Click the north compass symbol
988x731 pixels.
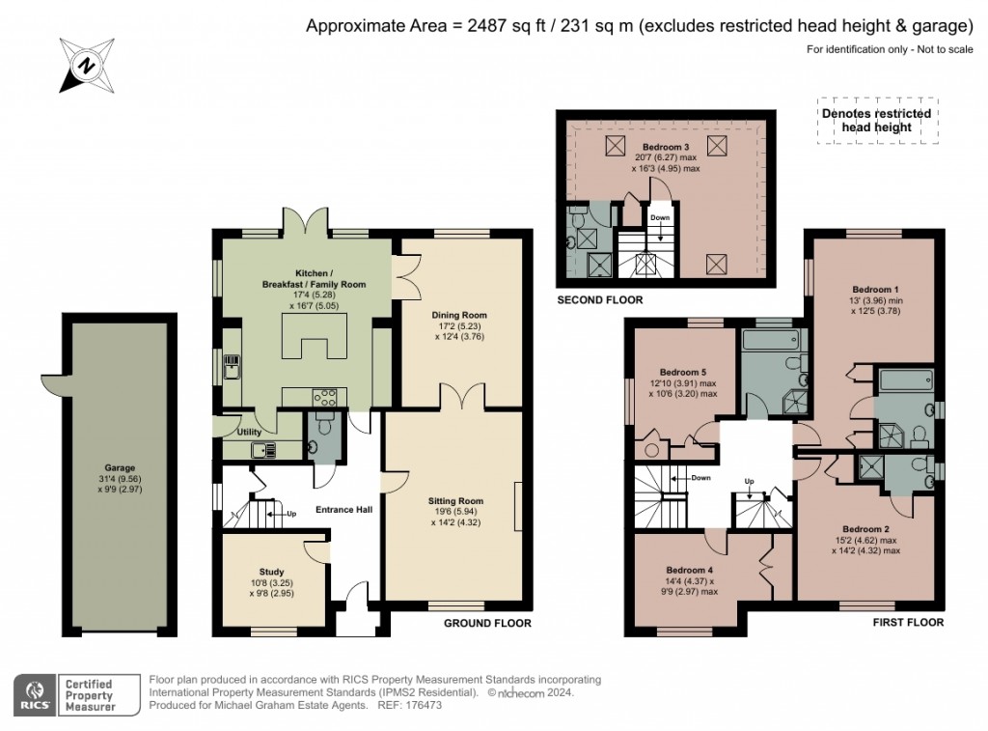point(84,66)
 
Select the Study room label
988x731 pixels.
point(271,571)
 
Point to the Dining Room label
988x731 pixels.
point(462,315)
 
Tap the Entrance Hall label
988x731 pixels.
point(344,509)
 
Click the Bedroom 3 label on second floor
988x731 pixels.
point(666,146)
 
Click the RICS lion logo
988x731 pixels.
point(35,692)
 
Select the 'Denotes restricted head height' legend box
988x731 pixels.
point(876,120)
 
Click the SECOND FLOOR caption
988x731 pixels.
point(599,300)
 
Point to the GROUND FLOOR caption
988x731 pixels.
point(487,623)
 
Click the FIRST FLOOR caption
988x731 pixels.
point(908,623)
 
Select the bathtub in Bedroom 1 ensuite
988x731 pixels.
point(906,379)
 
